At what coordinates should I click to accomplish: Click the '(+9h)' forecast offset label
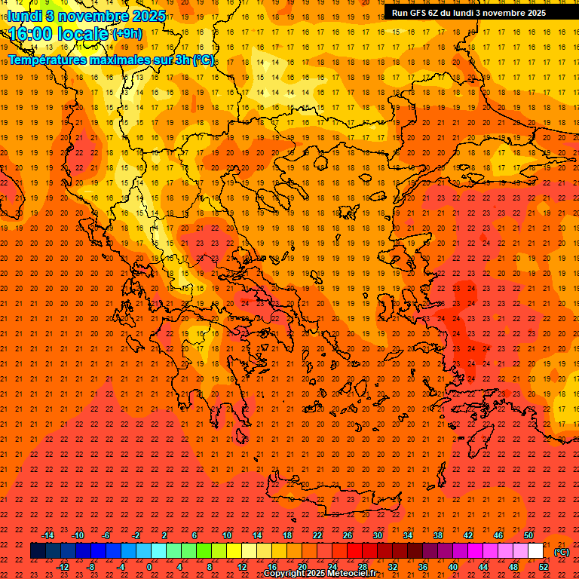pos(126,34)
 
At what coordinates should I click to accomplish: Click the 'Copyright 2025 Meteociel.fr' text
pos(320,574)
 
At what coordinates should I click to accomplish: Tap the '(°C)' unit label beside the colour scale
pos(562,552)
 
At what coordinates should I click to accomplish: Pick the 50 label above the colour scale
pos(528,535)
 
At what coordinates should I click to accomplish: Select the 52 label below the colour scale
pos(544,567)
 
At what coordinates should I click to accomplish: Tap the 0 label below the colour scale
pos(149,567)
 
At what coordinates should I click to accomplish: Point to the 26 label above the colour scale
pos(348,535)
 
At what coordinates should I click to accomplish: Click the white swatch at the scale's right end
pos(535,551)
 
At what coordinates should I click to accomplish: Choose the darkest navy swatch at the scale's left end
pos(38,551)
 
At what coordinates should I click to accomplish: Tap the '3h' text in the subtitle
pos(182,60)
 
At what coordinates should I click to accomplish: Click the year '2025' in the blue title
pos(147,16)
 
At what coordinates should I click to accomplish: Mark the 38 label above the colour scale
pos(438,535)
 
